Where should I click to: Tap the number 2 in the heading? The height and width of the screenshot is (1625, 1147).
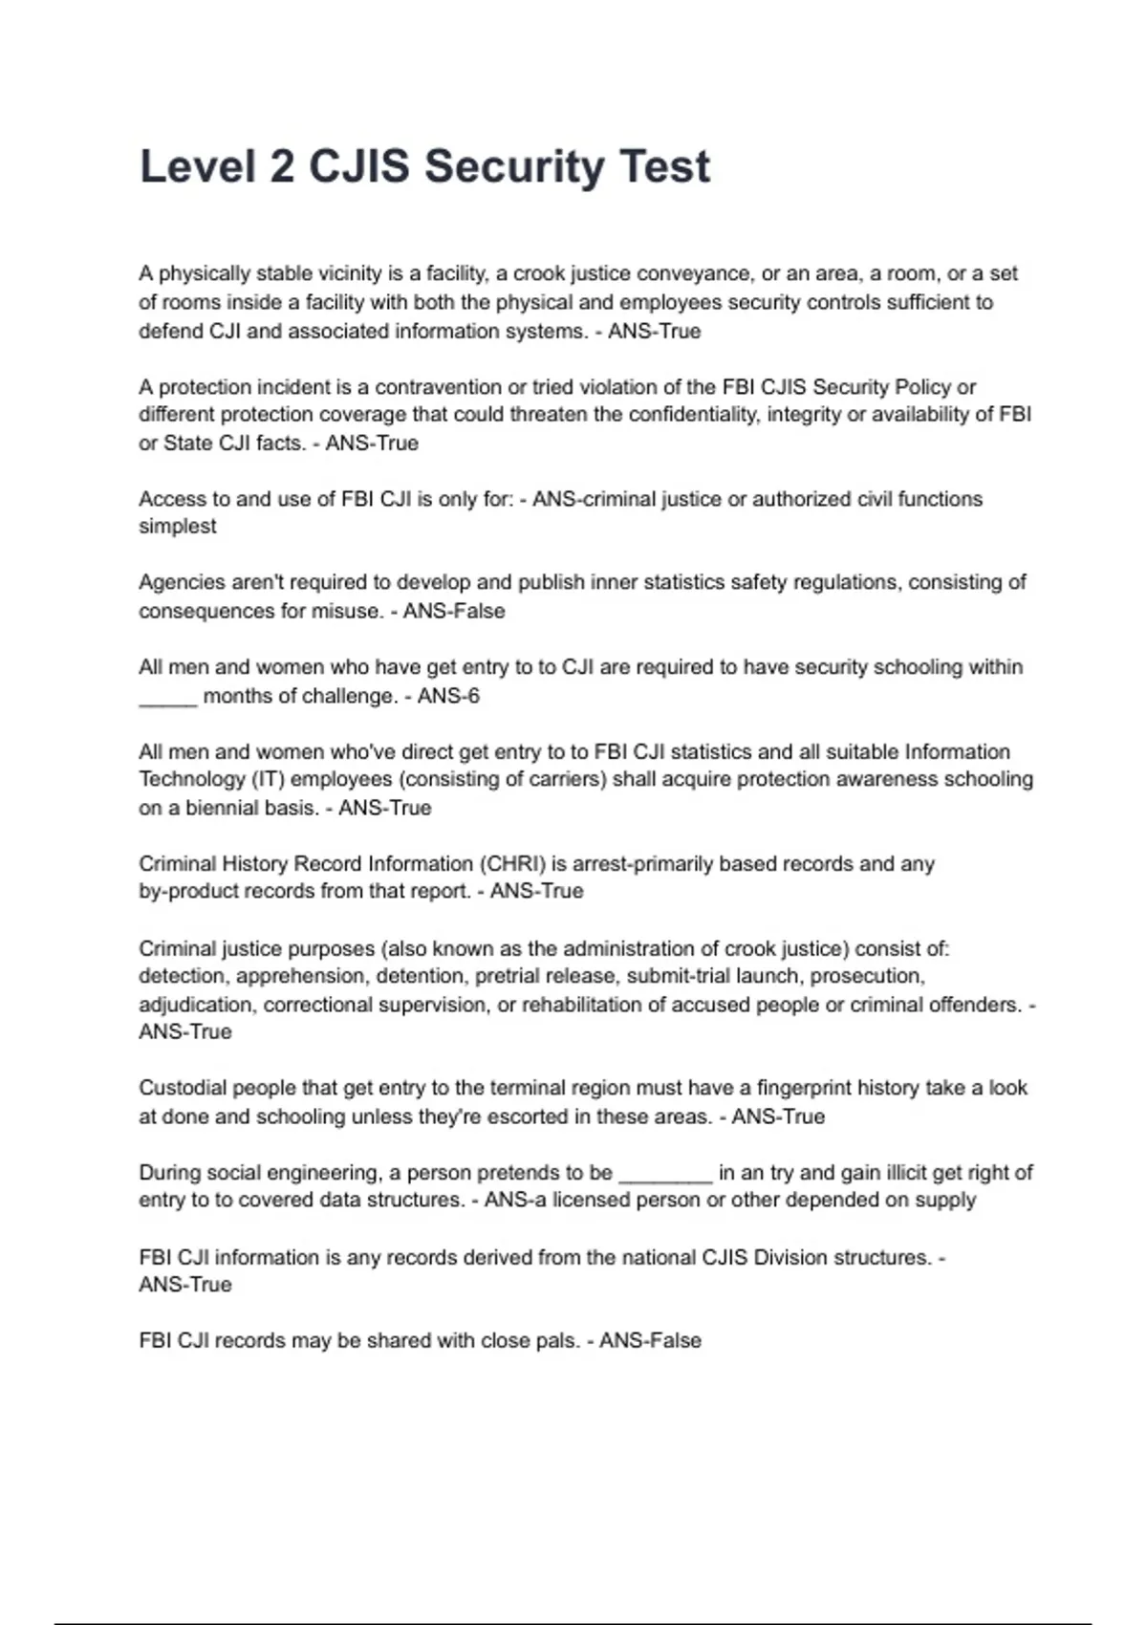pos(281,166)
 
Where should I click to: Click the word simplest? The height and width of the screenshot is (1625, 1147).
pos(178,527)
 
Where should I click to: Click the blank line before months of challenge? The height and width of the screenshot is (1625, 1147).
pos(168,698)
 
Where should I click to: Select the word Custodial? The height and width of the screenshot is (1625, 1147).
pos(183,1088)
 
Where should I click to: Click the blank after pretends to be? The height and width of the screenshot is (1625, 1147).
pos(665,1175)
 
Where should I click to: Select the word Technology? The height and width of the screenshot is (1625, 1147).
pos(192,780)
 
